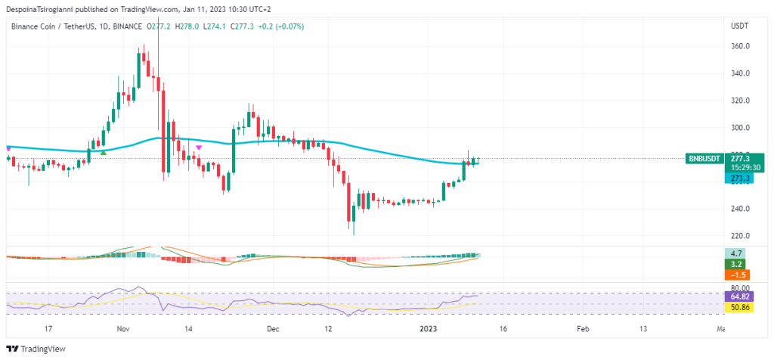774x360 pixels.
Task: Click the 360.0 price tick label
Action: coord(740,46)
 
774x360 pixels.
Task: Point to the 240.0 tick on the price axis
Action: coord(740,209)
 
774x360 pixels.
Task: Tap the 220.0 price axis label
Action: coord(740,236)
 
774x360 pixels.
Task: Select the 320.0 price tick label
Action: coord(740,101)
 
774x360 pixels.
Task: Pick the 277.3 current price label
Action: coord(741,159)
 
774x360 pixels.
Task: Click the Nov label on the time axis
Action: coord(124,329)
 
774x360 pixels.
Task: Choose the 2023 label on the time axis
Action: coord(428,329)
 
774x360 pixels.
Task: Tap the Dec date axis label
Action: coord(273,329)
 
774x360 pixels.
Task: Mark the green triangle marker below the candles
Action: coord(104,152)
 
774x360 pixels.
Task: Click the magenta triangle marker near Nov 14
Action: coord(198,147)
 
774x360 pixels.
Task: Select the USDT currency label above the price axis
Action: coord(739,26)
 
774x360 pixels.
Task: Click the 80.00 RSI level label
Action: coord(740,288)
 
